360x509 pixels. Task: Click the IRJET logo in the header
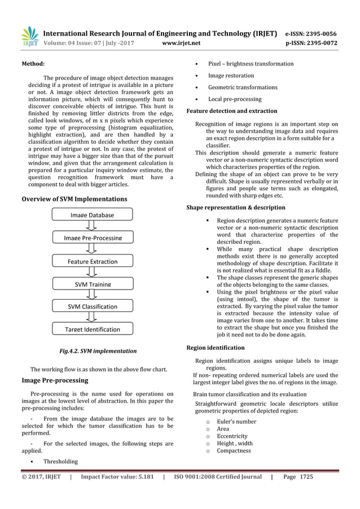point(29,36)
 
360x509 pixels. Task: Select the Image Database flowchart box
point(92,214)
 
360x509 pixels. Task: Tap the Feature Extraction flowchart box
point(92,261)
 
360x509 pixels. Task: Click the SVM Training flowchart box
point(92,284)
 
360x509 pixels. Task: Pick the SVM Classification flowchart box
point(92,306)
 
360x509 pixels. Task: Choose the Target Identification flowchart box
point(92,329)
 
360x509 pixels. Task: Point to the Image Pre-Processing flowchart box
point(92,238)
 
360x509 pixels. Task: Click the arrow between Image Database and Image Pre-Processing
point(93,226)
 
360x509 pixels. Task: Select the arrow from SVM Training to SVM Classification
point(93,296)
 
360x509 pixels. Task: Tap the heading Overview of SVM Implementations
point(73,199)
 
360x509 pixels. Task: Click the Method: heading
point(33,64)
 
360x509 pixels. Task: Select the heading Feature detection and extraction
point(231,111)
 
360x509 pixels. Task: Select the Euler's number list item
point(236,422)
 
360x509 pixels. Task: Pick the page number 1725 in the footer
point(306,477)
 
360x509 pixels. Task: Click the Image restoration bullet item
point(231,76)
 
